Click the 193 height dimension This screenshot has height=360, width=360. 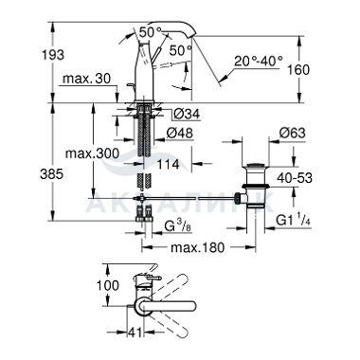click(x=53, y=55)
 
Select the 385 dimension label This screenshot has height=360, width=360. click(x=52, y=174)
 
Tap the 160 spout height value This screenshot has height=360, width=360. click(x=298, y=70)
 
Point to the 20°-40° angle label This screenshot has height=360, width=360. click(x=259, y=60)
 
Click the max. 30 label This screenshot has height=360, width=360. click(x=87, y=79)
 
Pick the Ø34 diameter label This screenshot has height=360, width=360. click(x=187, y=114)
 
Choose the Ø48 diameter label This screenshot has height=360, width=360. click(x=180, y=133)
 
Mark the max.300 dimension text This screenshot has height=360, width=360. click(x=92, y=153)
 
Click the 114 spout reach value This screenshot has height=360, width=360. click(x=169, y=164)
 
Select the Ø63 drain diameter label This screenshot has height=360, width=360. click(x=292, y=133)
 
